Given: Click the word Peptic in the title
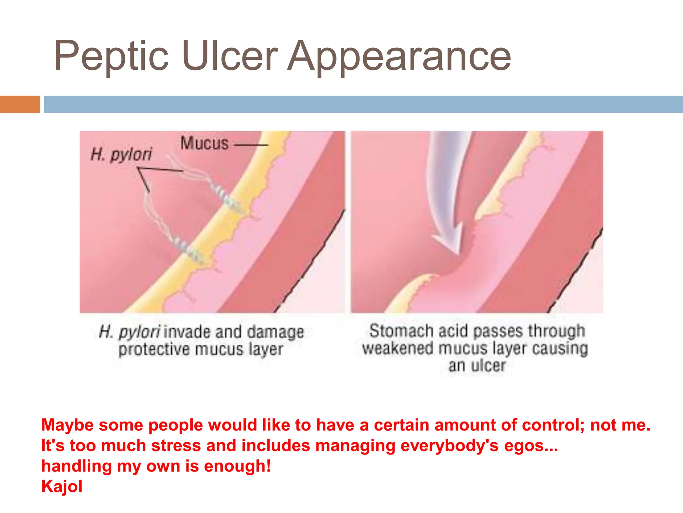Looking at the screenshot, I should [x=111, y=56].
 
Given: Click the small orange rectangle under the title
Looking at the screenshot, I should [x=20, y=104].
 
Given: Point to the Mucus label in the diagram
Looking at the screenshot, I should [x=204, y=143].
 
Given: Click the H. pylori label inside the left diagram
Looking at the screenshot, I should [x=121, y=154].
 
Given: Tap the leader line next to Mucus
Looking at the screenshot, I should [x=251, y=145].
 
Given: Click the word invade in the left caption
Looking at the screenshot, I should [x=187, y=332].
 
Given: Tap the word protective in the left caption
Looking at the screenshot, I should [x=154, y=350].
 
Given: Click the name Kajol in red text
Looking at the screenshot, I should [x=62, y=486].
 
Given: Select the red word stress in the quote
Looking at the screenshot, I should [x=176, y=446].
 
